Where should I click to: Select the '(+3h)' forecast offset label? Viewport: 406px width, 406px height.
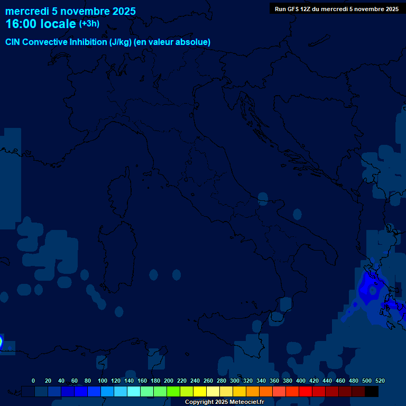pos(89,24)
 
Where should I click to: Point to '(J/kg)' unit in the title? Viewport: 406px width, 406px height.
pos(122,42)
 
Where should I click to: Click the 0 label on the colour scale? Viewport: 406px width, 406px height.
pos(33,381)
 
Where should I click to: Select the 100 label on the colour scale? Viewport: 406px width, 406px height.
pos(103,381)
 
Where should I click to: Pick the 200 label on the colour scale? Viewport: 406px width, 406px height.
pos(169,381)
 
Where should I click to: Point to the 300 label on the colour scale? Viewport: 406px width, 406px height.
pos(235,381)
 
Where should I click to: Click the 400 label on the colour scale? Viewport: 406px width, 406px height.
pos(301,381)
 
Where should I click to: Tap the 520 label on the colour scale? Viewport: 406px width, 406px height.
pos(380,381)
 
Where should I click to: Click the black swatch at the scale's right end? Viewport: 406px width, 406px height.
pos(372,392)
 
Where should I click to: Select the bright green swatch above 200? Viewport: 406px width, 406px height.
pos(173,392)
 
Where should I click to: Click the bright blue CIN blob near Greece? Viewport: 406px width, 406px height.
pos(366,290)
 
